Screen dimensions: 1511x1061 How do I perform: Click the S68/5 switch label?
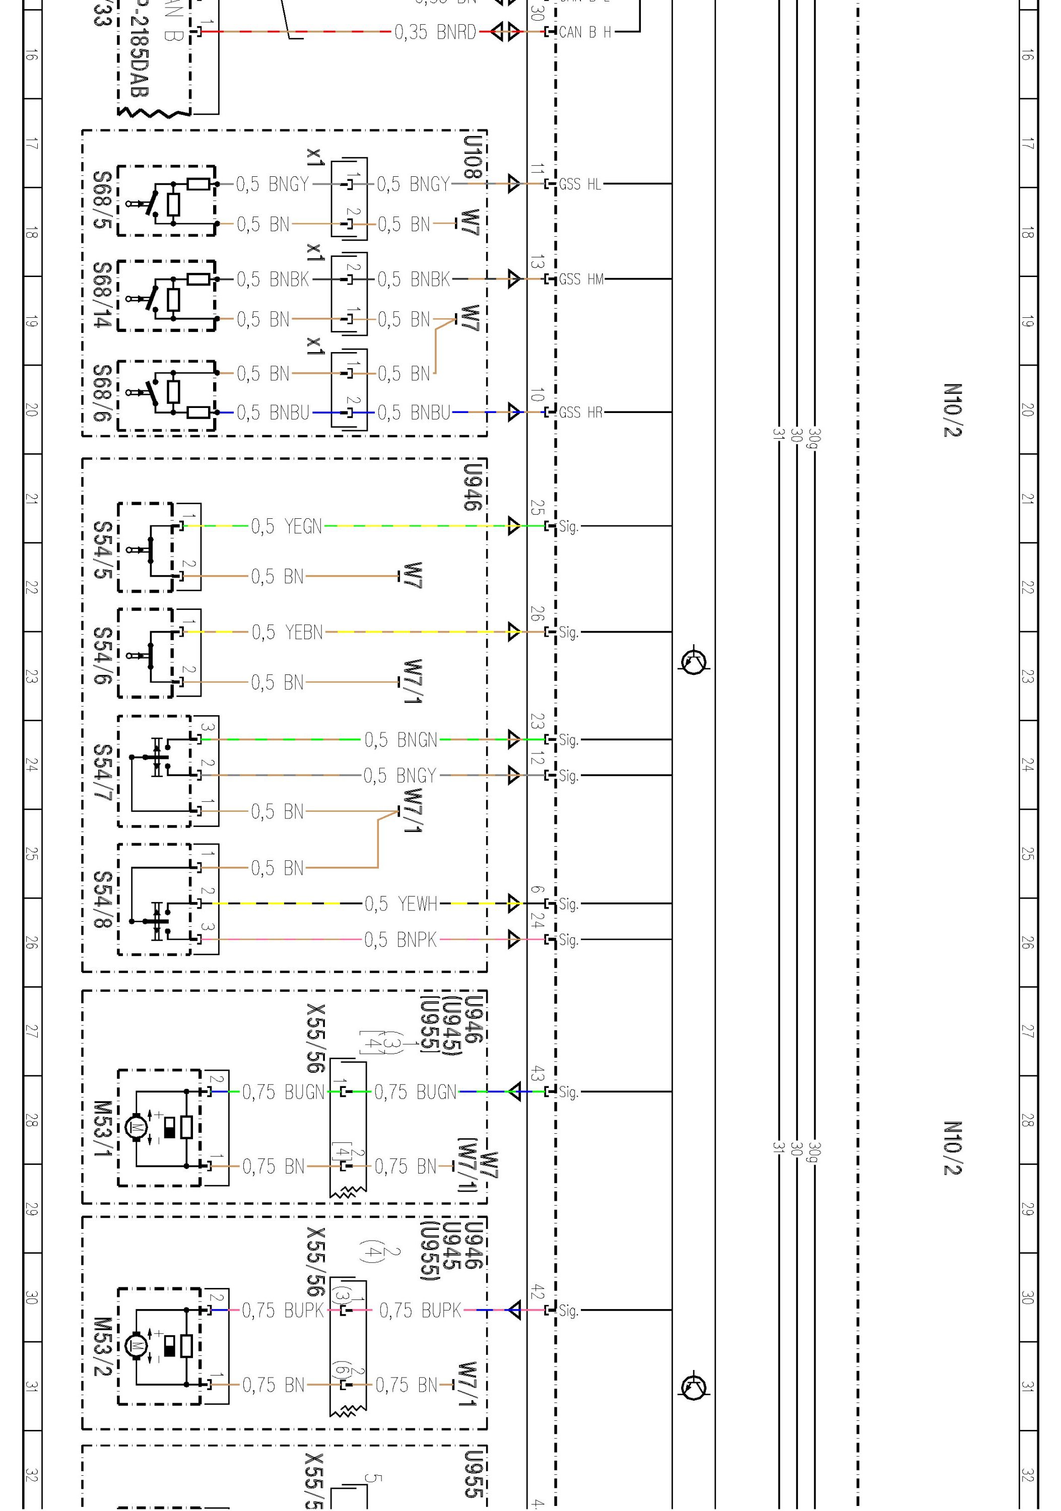(x=101, y=200)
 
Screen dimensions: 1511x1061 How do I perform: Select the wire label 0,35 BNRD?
(x=435, y=32)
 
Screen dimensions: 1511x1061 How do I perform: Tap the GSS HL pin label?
(x=580, y=184)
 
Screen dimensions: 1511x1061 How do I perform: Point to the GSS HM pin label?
(x=581, y=279)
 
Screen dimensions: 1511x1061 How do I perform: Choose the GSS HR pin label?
(x=580, y=413)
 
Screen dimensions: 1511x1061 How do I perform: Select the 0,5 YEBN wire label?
(x=287, y=633)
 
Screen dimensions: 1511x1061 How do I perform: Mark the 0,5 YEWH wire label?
(x=401, y=904)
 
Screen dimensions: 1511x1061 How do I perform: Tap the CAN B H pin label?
(x=584, y=32)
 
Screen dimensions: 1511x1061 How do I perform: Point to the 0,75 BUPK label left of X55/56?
(x=283, y=1310)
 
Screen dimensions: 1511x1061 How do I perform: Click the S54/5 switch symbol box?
(x=146, y=547)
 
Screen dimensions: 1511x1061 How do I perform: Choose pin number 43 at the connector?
(x=537, y=1073)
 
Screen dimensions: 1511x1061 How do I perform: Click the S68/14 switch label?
(x=101, y=295)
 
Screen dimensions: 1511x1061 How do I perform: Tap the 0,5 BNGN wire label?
(x=401, y=740)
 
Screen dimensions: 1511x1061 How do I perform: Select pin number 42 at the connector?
(x=537, y=1292)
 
